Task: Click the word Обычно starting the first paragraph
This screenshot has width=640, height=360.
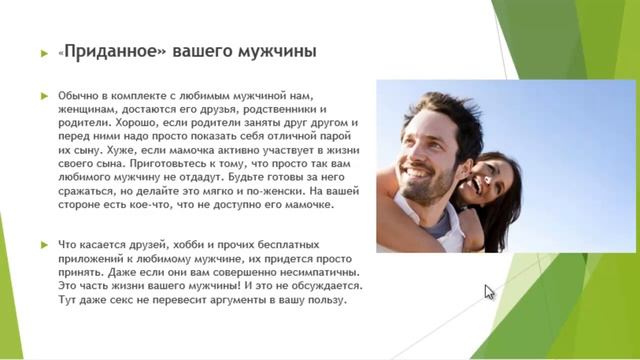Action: tap(81, 95)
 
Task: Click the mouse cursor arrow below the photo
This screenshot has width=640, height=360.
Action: tap(489, 292)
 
